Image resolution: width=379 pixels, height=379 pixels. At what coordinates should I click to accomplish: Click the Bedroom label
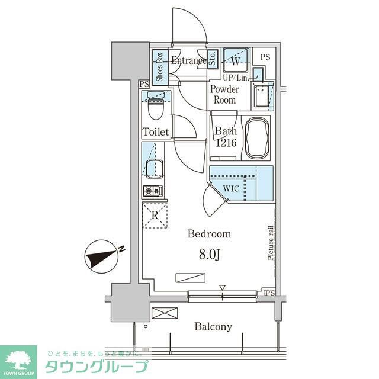(209, 234)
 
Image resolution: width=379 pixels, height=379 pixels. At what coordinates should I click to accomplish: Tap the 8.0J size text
(209, 254)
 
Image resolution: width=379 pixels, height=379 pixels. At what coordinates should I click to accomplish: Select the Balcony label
(213, 327)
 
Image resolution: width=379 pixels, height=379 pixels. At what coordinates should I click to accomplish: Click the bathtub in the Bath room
(257, 138)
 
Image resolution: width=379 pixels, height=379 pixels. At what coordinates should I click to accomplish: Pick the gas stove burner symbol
(153, 191)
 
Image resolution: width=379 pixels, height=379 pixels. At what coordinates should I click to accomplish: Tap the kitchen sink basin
(155, 169)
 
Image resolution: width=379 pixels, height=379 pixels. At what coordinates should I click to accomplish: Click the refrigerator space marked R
(155, 215)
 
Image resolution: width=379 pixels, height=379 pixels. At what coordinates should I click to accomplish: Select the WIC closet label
(232, 188)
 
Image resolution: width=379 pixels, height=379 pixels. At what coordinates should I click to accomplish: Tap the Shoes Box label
(159, 67)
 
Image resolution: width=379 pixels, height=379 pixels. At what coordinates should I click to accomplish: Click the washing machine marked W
(236, 60)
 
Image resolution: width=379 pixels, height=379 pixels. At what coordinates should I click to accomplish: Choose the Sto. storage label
(213, 59)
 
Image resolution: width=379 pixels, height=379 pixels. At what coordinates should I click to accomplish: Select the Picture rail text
(271, 243)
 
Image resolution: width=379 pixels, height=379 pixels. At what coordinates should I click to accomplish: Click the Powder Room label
(224, 95)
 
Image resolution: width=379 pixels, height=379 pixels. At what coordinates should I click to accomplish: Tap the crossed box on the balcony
(165, 313)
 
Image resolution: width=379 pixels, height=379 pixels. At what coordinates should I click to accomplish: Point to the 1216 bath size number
(226, 143)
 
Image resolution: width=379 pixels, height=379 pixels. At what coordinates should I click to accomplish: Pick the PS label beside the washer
(265, 57)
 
